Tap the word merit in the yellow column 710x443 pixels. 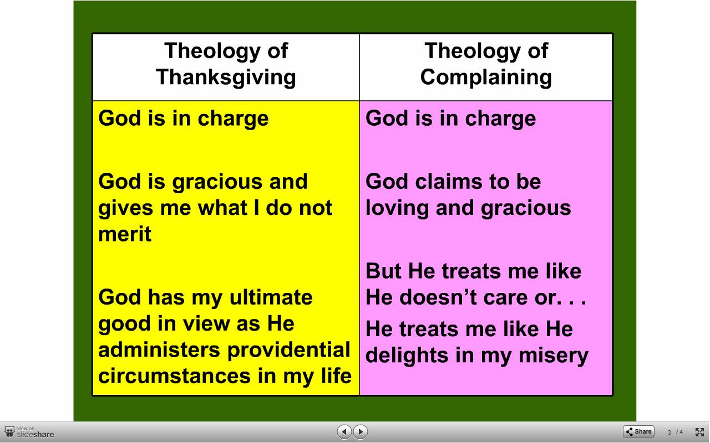[x=125, y=234]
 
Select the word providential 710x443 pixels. [x=289, y=351]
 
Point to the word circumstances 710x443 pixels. [x=175, y=376]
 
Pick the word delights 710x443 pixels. [x=407, y=356]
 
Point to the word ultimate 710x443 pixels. [x=271, y=297]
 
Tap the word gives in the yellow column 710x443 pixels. [x=126, y=209]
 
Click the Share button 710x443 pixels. [x=638, y=431]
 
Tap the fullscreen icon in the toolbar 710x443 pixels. [x=699, y=432]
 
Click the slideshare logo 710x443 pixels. [x=29, y=432]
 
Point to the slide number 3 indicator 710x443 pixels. [x=670, y=432]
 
